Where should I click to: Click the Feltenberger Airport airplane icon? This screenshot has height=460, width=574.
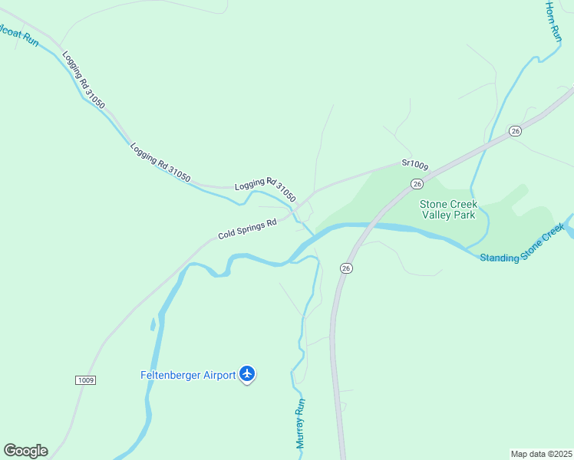[x=247, y=374]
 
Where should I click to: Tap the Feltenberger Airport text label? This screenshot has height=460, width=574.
[x=187, y=375]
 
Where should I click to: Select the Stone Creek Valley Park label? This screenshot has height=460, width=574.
[x=448, y=209]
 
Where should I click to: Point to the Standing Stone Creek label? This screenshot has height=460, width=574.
[x=522, y=246]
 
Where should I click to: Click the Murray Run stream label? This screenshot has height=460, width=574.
[x=301, y=422]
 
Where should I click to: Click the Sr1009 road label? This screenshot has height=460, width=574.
[x=414, y=164]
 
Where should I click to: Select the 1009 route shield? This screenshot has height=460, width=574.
[x=86, y=380]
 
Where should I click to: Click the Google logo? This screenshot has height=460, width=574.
[x=25, y=451]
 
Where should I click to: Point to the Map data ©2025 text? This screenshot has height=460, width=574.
[x=541, y=454]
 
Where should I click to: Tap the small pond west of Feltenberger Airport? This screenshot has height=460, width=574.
[x=153, y=324]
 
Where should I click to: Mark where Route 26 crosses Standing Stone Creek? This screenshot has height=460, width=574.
[x=365, y=227]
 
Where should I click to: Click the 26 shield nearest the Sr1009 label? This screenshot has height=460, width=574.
[x=417, y=184]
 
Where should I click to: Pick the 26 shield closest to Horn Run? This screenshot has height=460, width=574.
[x=515, y=131]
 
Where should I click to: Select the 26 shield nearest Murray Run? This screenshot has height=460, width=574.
[x=347, y=268]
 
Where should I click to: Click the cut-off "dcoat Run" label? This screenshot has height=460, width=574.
[x=18, y=37]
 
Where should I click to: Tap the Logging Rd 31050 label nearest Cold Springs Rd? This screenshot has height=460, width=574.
[x=266, y=189]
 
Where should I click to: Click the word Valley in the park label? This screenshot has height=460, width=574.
[x=437, y=215]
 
